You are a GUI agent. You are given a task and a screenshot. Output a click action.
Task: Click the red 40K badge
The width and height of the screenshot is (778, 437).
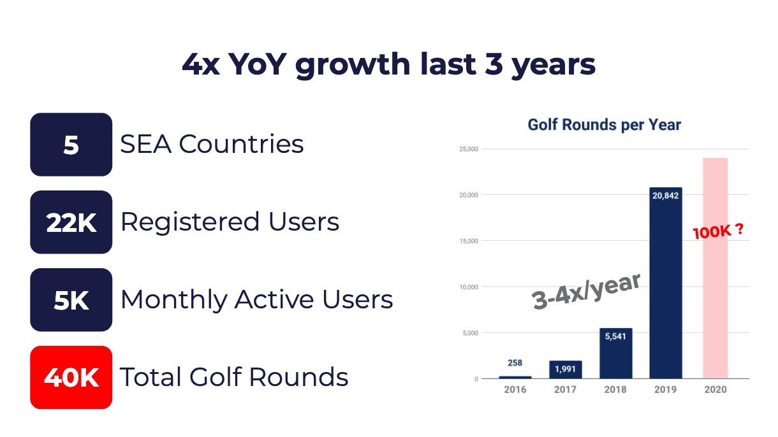click(x=71, y=377)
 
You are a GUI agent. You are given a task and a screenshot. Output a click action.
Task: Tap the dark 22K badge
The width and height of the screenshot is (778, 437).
click(x=71, y=222)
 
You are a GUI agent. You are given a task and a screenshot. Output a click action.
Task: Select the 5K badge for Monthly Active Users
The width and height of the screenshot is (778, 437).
click(x=71, y=299)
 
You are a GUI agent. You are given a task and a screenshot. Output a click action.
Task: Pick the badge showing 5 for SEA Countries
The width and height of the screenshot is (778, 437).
click(x=71, y=144)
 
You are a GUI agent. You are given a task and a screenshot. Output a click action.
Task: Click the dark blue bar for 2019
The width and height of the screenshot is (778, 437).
click(x=666, y=283)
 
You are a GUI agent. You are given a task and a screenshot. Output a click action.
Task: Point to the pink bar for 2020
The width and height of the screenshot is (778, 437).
click(x=716, y=268)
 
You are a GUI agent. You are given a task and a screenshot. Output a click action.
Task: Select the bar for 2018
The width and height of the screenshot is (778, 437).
click(x=616, y=354)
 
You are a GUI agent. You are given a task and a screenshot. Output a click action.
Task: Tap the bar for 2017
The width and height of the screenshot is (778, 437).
click(x=566, y=369)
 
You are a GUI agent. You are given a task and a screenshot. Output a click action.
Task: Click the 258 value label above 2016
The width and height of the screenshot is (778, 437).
click(x=515, y=362)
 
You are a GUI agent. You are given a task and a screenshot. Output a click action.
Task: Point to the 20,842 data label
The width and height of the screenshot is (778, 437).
click(x=666, y=196)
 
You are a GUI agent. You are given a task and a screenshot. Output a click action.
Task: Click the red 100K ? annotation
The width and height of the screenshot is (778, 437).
click(x=718, y=231)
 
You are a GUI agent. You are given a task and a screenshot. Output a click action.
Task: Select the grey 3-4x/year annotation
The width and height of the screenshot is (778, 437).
click(x=586, y=292)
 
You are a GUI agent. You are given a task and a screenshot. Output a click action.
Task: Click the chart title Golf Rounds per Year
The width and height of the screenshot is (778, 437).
click(x=605, y=125)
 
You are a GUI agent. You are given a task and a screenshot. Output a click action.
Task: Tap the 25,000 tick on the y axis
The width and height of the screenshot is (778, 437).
click(x=469, y=149)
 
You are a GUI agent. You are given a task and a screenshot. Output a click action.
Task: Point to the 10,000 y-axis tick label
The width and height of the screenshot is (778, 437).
click(x=469, y=287)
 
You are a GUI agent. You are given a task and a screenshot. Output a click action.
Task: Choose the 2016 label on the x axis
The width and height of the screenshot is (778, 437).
click(x=515, y=389)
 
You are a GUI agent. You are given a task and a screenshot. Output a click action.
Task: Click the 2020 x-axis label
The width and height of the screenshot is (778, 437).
click(x=716, y=389)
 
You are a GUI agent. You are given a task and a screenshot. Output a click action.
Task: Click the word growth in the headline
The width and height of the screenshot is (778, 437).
click(x=353, y=65)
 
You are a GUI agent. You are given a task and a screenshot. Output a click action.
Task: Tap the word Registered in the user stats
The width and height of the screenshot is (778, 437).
click(x=190, y=222)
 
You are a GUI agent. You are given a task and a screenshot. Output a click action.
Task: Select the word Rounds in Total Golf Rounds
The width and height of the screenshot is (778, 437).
click(x=298, y=376)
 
